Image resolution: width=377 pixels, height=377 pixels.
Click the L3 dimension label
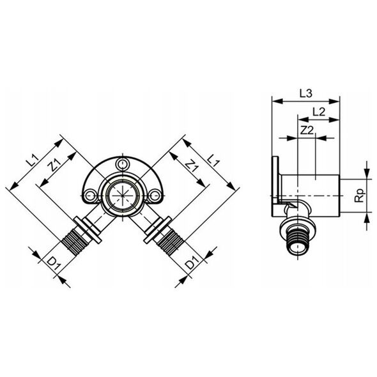[x=306, y=93]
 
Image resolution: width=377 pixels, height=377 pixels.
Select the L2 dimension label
[x=319, y=112]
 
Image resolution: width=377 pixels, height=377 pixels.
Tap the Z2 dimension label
[x=307, y=130]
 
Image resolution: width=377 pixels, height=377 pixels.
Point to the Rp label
[x=360, y=196]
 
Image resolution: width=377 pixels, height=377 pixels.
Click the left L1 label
[x=33, y=161]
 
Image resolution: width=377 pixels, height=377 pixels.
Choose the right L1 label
[x=213, y=160]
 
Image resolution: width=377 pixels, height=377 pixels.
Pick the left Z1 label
[x=55, y=164]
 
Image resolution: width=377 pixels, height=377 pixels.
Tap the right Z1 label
[x=192, y=164]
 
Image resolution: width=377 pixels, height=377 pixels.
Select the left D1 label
[x=54, y=263]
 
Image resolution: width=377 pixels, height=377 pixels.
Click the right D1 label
[x=192, y=263]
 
